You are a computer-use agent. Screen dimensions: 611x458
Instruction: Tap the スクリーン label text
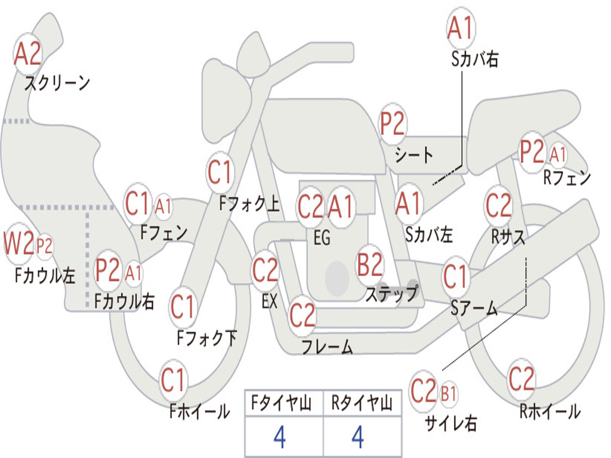tap(57, 82)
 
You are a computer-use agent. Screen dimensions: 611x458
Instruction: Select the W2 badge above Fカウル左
tap(18, 244)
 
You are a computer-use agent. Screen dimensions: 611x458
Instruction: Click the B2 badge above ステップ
tap(370, 265)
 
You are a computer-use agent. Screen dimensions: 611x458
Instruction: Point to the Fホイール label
tap(199, 411)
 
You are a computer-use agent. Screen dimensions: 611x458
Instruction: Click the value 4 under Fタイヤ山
tap(280, 437)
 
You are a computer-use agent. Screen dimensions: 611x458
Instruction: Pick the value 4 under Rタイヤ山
tap(358, 437)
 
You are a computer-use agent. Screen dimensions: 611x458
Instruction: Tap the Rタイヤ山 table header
tap(362, 403)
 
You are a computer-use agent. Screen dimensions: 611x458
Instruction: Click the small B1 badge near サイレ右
tap(448, 394)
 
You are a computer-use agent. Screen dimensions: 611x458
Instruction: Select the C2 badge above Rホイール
tap(521, 379)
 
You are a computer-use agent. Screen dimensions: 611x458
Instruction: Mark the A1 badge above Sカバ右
tap(461, 28)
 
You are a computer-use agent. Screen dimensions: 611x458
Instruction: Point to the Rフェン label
tap(567, 178)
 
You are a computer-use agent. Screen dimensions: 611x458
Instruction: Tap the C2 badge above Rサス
tap(498, 206)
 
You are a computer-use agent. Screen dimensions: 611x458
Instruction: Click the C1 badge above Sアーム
tap(455, 277)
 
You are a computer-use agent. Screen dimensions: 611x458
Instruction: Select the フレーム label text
tap(328, 346)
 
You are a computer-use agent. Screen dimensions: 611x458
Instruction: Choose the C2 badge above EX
tap(266, 270)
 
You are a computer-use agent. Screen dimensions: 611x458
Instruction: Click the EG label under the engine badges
tap(322, 237)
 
